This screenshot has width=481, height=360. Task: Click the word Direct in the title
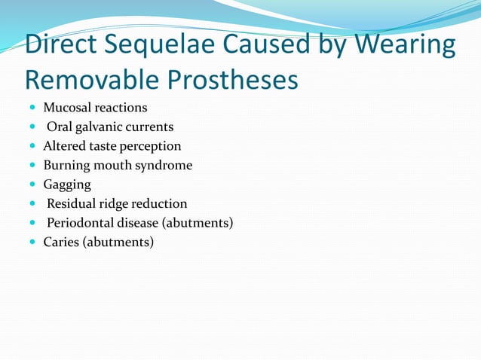coord(62,45)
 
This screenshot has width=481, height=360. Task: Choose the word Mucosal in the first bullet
coord(68,108)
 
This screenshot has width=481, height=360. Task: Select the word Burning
coord(67,165)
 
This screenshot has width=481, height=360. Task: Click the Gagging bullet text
coord(67,185)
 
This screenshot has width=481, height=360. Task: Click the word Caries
coord(60,242)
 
